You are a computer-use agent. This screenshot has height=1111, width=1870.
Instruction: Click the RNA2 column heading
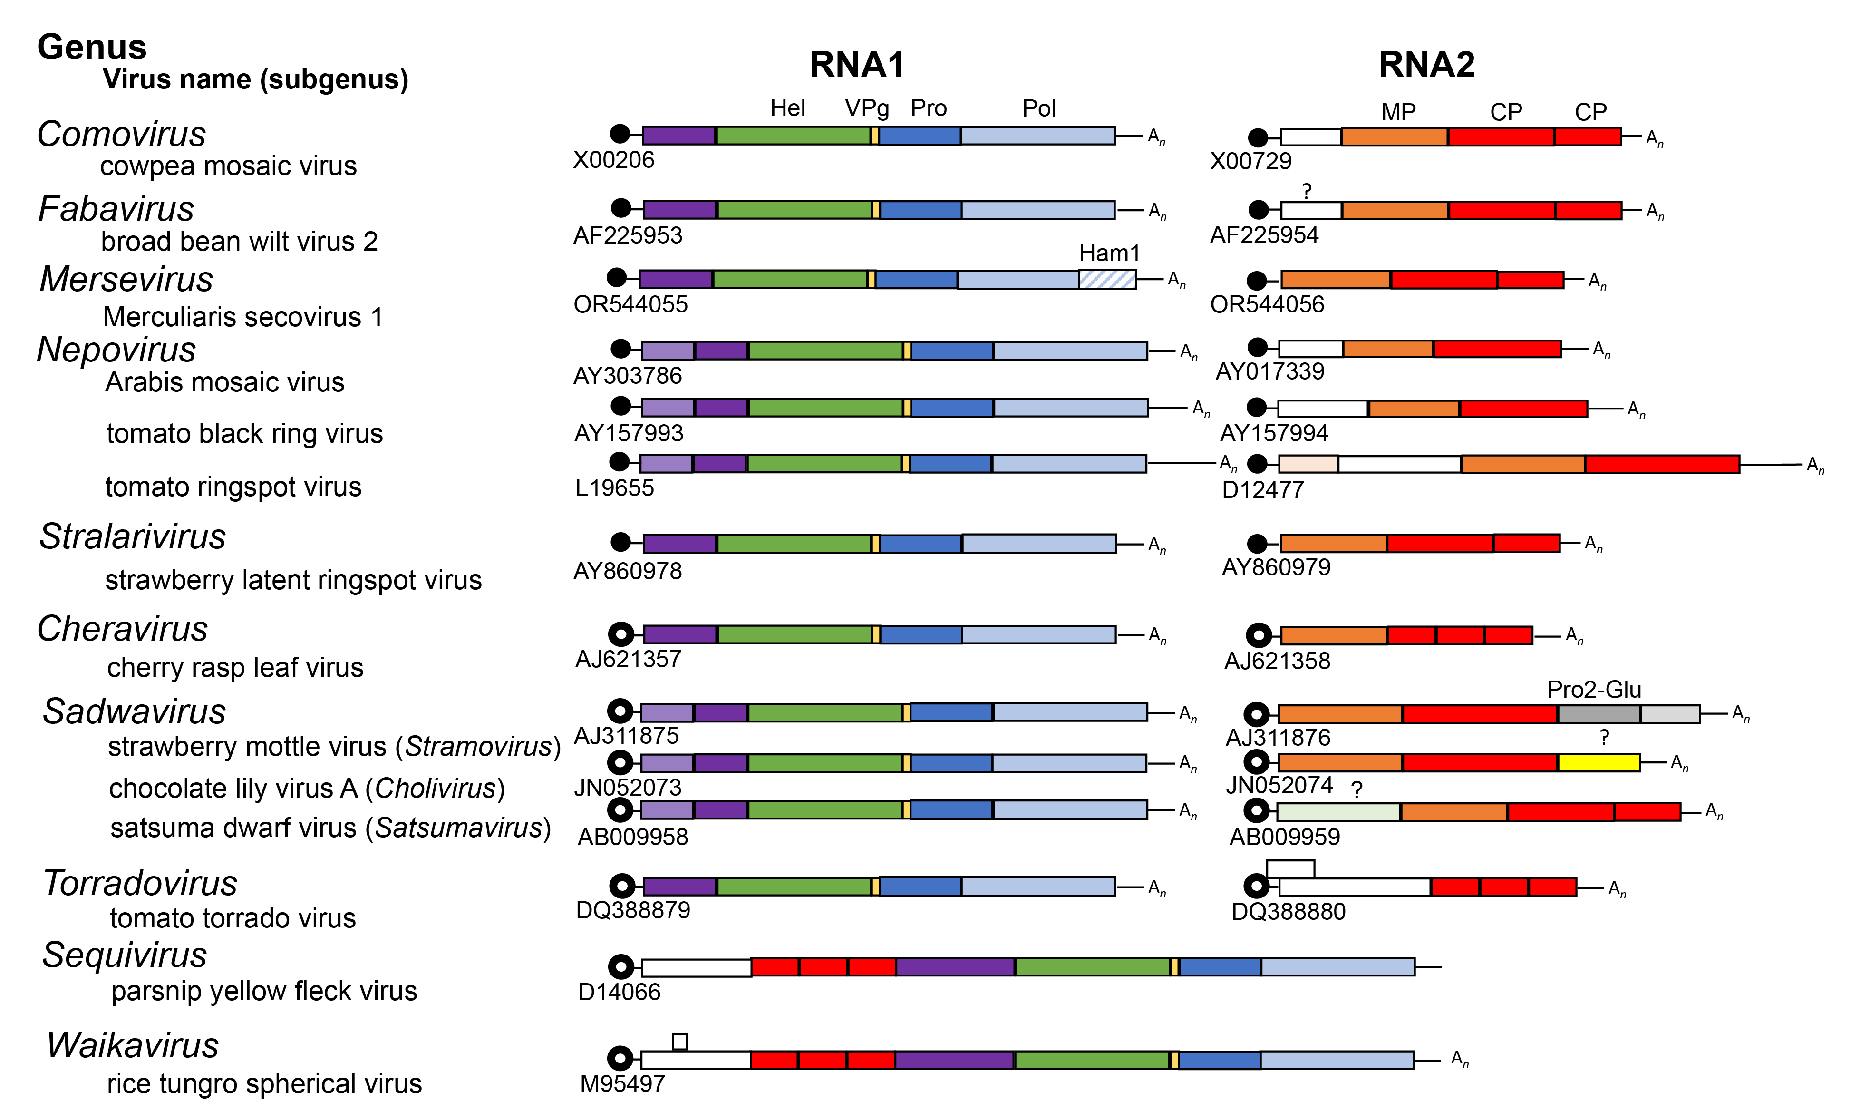point(1426,64)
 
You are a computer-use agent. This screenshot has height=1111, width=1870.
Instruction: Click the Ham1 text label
point(1109,253)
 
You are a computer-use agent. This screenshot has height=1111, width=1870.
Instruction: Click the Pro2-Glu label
point(1594,690)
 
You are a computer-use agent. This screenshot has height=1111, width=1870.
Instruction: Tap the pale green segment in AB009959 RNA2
point(1338,811)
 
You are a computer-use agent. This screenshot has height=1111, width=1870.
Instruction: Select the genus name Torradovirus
point(140,883)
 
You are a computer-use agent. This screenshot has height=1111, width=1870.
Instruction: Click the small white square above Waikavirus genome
point(679,1042)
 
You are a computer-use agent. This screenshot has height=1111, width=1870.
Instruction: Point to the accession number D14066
point(619,992)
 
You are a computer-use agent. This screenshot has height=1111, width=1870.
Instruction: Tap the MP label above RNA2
point(1398,112)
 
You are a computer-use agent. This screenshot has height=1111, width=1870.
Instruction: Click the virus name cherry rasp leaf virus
point(235,667)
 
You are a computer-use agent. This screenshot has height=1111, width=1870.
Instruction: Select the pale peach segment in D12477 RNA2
point(1308,464)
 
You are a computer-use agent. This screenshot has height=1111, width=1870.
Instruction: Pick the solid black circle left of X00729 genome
point(1258,138)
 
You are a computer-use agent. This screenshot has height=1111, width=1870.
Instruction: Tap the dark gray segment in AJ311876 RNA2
point(1599,714)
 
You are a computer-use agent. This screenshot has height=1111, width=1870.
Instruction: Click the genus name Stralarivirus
point(133,537)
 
